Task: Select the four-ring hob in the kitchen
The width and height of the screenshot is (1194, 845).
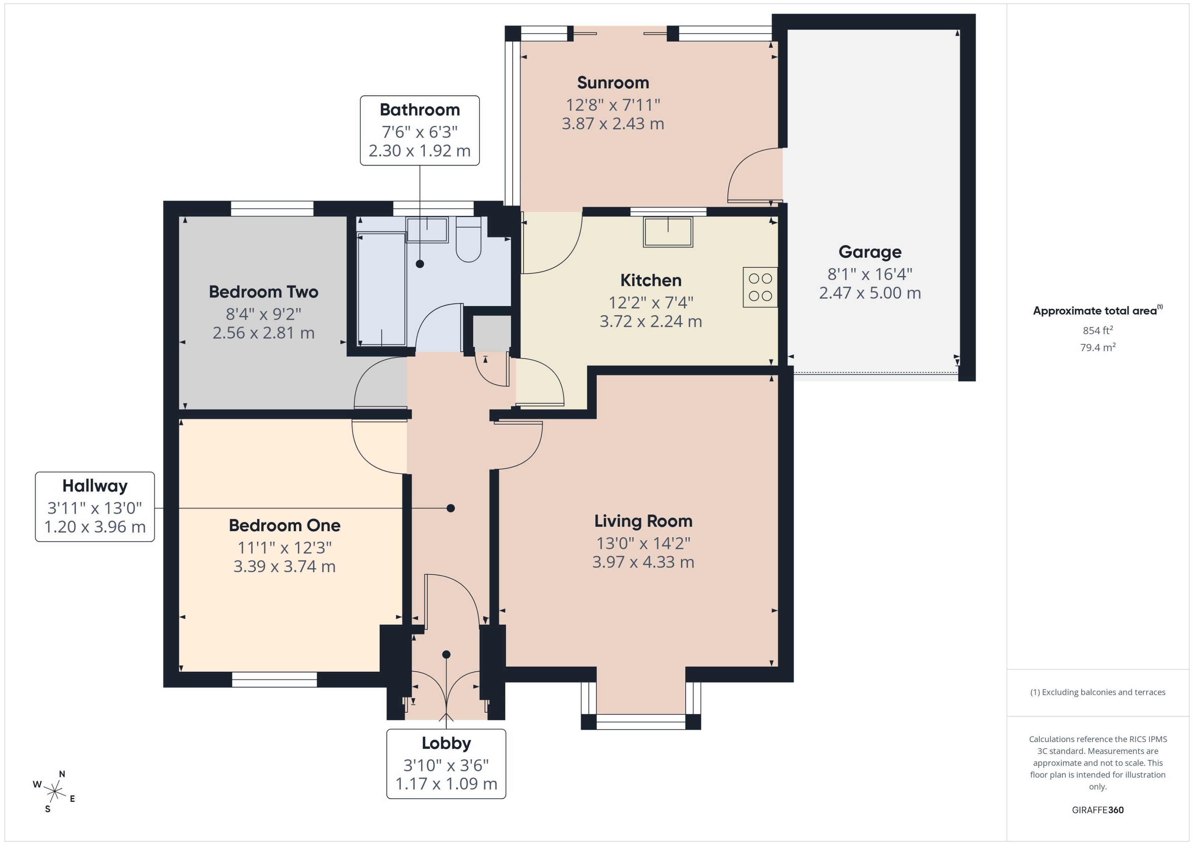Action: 760,287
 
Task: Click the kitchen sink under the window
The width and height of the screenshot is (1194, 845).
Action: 668,232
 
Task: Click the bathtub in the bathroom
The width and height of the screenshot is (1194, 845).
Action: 381,289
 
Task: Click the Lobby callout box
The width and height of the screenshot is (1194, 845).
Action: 446,763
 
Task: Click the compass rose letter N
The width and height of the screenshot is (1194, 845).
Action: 62,774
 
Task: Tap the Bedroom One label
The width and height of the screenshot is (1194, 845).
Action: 284,525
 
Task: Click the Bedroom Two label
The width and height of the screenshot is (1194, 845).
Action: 263,292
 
